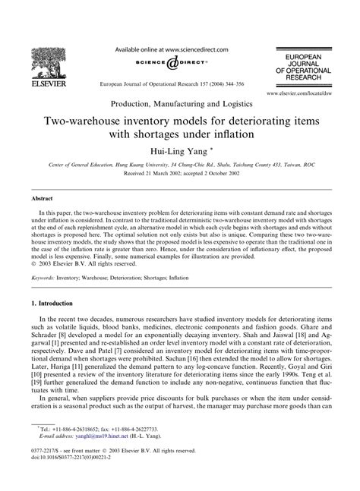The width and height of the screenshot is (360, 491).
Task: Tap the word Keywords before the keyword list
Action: (x=43, y=279)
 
